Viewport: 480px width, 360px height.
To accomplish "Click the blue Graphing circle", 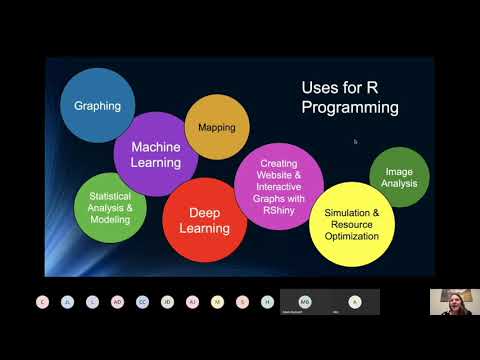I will click(97, 105).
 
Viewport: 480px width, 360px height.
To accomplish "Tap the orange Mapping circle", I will click(217, 127).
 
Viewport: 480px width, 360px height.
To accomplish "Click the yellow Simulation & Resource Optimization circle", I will click(346, 224).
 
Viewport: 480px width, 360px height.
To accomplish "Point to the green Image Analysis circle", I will click(399, 177).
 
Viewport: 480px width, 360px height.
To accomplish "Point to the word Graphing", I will click(97, 105).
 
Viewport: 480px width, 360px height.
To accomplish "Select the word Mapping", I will click(217, 128).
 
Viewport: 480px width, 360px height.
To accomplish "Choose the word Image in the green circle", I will click(399, 171).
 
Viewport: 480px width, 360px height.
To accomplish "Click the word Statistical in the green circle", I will click(110, 195).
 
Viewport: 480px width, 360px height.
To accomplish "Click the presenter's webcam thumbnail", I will click(448, 302).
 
